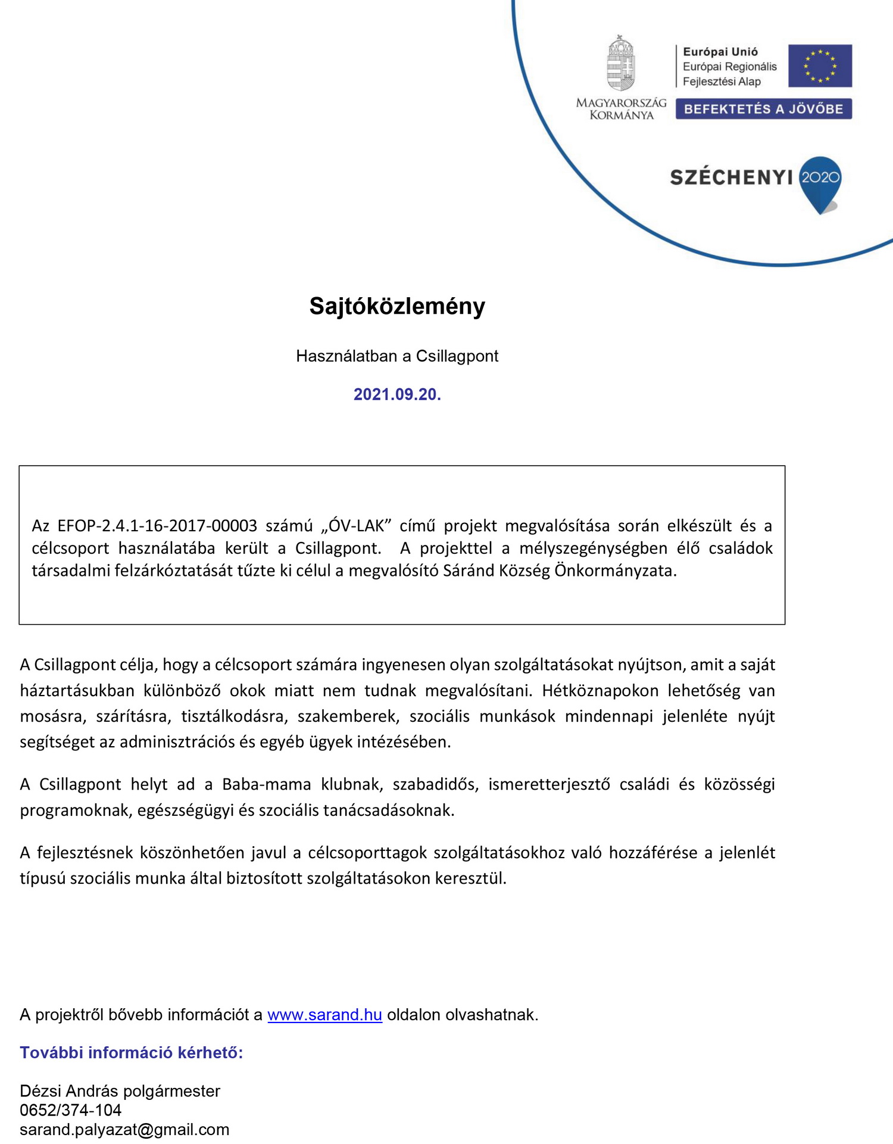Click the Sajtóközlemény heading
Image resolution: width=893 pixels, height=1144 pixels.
397,306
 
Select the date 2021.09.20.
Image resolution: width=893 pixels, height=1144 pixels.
397,394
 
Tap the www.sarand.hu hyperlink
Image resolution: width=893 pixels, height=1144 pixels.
324,1015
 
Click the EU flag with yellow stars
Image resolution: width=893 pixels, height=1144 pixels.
820,66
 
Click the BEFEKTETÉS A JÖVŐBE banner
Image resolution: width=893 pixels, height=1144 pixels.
763,109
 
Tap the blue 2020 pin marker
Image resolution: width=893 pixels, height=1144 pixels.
820,180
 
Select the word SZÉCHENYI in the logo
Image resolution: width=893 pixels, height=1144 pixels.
731,177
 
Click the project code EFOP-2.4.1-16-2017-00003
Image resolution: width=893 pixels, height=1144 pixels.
157,526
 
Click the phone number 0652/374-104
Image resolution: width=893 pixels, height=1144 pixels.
70,1110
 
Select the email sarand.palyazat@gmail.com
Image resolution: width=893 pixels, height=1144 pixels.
124,1130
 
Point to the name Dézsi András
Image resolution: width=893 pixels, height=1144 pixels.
69,1091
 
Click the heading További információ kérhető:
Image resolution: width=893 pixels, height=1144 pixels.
132,1053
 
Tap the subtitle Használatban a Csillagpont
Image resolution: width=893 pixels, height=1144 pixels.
397,356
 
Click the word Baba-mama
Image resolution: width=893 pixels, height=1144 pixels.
266,784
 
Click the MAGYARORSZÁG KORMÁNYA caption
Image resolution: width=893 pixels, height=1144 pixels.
621,109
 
